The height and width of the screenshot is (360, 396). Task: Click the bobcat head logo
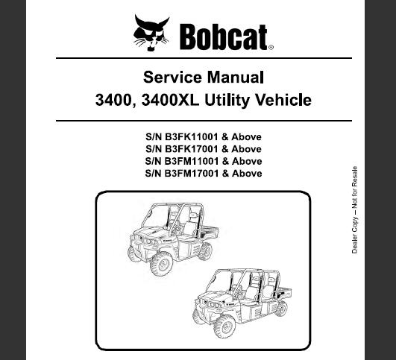[x=151, y=33]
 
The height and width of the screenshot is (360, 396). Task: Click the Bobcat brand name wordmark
[x=224, y=37]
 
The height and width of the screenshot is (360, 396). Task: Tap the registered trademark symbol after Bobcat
[x=271, y=48]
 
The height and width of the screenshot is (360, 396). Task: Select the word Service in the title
[x=172, y=78]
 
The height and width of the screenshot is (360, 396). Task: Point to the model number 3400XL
[x=170, y=100]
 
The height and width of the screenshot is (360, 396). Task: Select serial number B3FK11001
[x=191, y=137]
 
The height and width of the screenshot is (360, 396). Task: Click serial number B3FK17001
[x=191, y=149]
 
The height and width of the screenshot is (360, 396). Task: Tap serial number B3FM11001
[x=191, y=161]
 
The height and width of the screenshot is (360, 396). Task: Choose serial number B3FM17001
[x=191, y=173]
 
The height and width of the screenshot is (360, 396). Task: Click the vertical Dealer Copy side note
[x=354, y=209]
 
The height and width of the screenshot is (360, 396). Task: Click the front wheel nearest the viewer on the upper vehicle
[x=161, y=263]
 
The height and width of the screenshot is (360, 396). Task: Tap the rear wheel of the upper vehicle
[x=205, y=251]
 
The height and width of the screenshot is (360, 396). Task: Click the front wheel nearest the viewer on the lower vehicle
[x=224, y=326]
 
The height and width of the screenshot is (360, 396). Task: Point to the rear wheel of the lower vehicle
[x=281, y=309]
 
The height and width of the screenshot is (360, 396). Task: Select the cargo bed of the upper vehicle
[x=209, y=232]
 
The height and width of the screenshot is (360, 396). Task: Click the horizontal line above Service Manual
[x=204, y=58]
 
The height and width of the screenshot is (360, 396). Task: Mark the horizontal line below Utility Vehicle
[x=204, y=121]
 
